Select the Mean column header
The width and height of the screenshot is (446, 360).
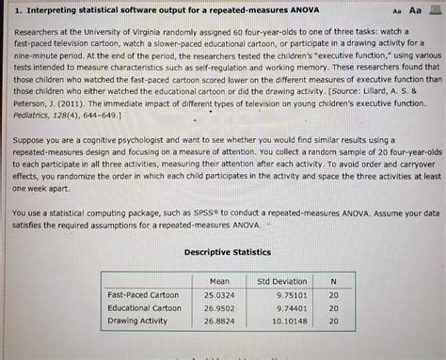coord(220,281)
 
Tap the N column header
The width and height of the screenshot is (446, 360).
coord(332,281)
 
